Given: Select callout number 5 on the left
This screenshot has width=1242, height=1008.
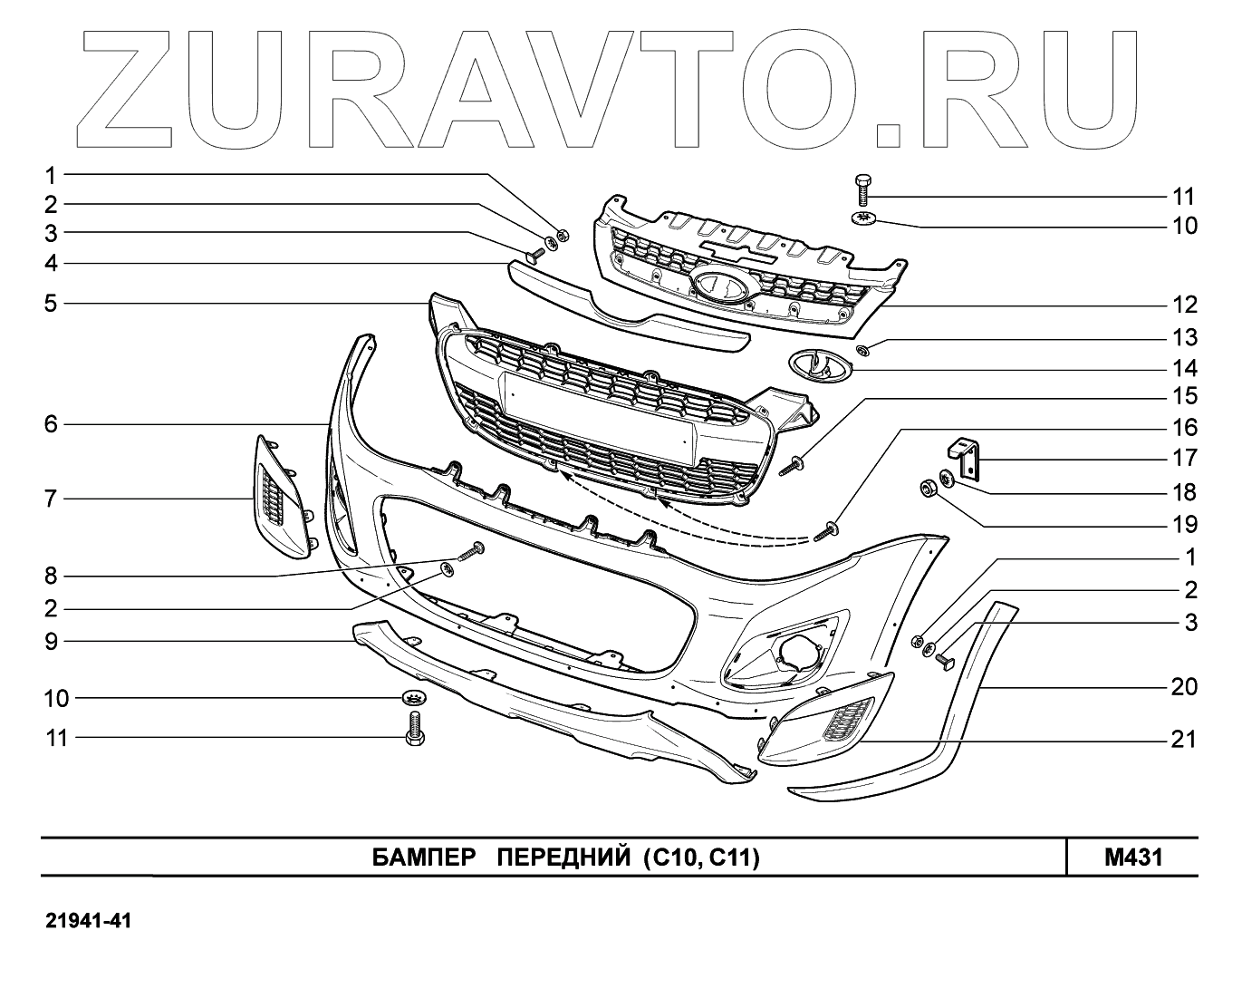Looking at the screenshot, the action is point(51,303).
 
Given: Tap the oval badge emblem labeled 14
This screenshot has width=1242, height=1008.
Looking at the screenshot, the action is point(819,364).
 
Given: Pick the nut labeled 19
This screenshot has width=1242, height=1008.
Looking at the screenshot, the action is point(928,489).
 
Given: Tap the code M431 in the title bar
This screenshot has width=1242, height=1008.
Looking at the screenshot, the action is point(1132,858).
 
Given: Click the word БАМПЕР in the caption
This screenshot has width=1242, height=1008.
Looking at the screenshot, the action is point(424,858).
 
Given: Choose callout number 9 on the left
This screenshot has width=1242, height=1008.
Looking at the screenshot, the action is point(51,642).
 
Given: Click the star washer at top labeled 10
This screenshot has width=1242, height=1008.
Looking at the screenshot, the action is point(862,218).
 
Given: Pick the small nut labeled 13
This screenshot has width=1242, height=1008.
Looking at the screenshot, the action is point(862,350).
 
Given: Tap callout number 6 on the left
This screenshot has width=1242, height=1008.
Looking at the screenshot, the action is point(51,423).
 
